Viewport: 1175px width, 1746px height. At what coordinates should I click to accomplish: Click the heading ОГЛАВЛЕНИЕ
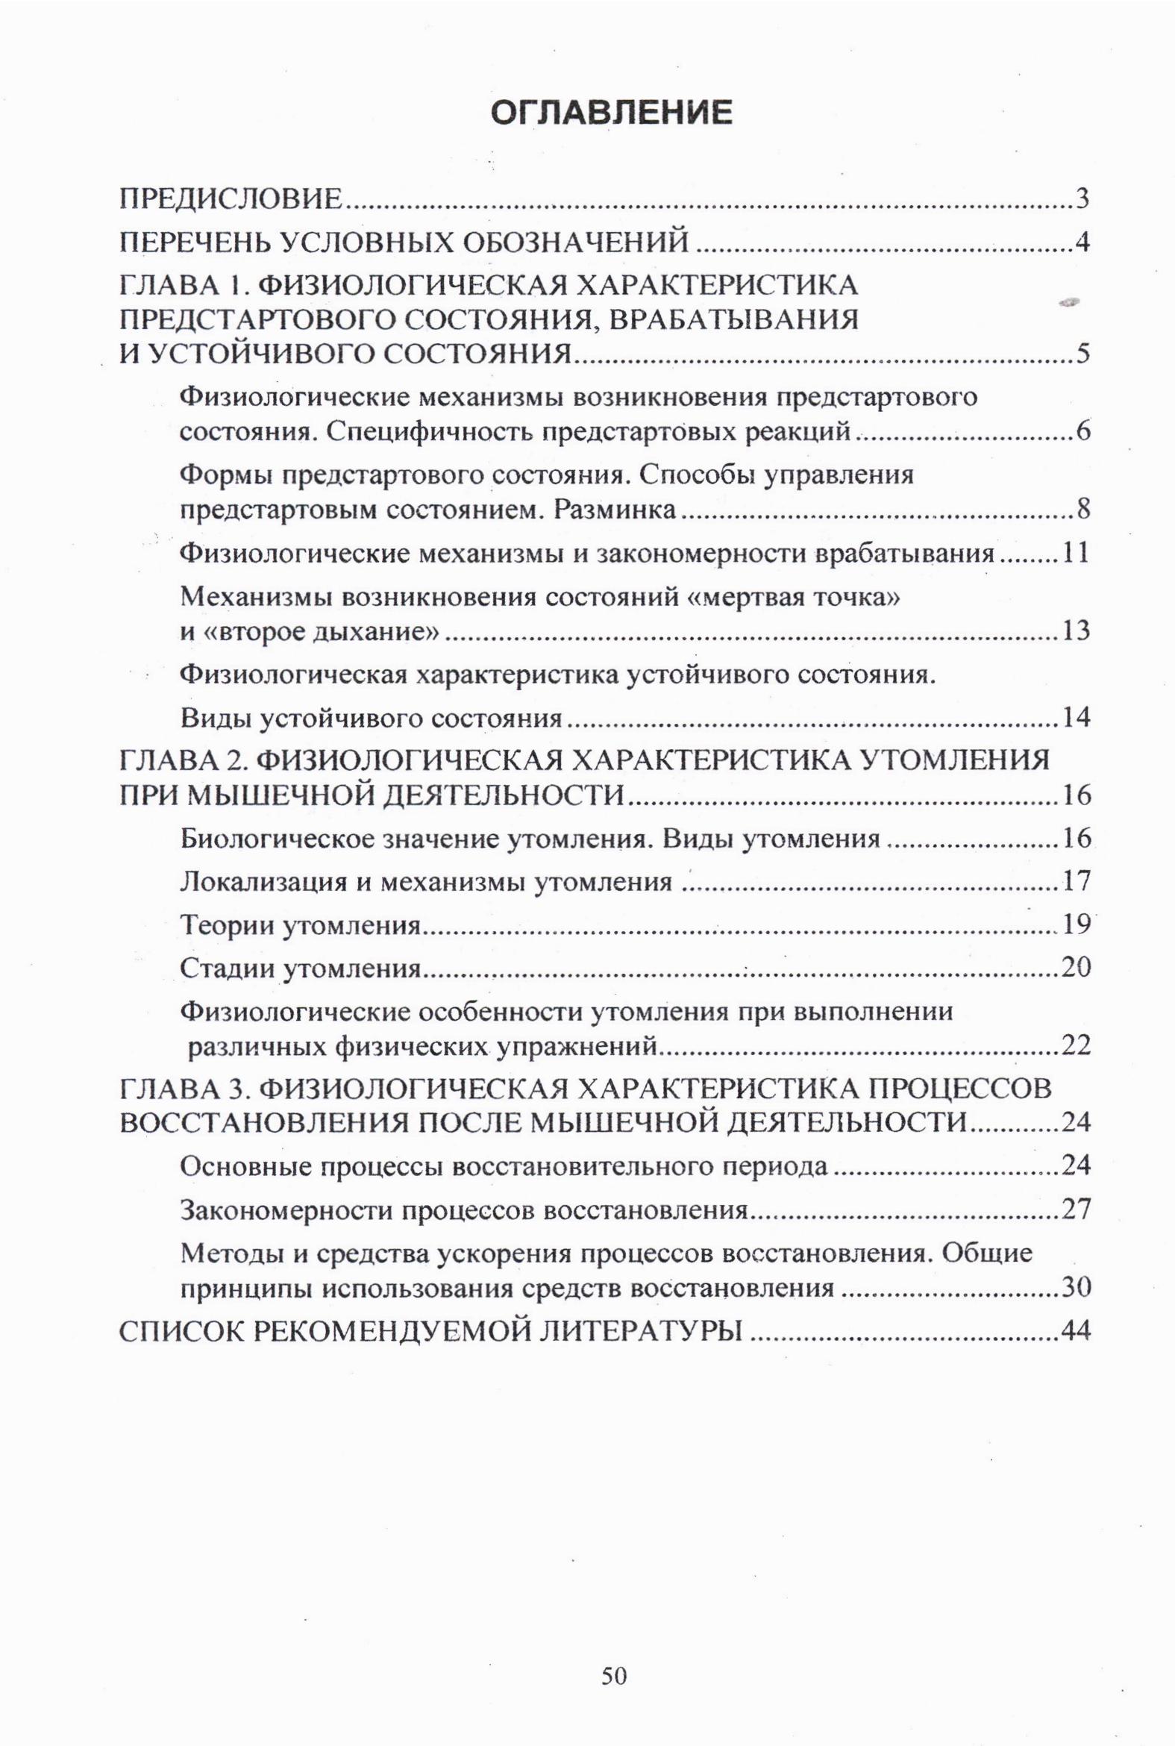[x=612, y=113]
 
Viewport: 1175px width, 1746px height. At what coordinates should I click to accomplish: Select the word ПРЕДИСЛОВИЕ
[x=232, y=200]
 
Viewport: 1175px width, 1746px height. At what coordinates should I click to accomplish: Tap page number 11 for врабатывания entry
[x=1072, y=554]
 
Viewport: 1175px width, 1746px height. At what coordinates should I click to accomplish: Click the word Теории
[x=225, y=926]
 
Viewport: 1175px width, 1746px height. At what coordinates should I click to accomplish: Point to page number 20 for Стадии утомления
[x=1074, y=969]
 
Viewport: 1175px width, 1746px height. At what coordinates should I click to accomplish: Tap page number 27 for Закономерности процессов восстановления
[x=1074, y=1210]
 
